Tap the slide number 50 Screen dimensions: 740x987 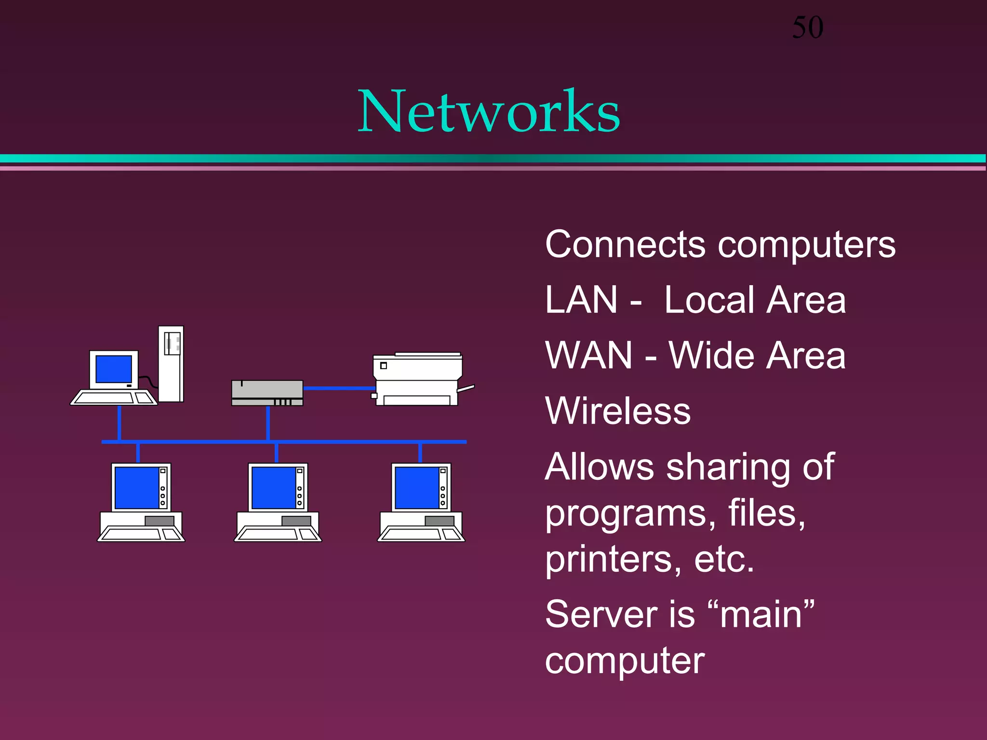[x=808, y=27]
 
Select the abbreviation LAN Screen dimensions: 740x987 [x=581, y=300]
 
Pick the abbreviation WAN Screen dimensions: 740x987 [x=588, y=356]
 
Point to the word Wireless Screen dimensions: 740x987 [x=618, y=411]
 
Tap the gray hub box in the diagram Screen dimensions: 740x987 [x=267, y=393]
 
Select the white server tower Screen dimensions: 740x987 [x=171, y=364]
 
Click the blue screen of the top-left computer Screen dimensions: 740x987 [x=114, y=369]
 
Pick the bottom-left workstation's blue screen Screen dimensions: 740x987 [x=137, y=488]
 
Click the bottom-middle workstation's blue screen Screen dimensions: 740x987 [x=274, y=488]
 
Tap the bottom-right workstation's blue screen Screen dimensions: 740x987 [x=417, y=488]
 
